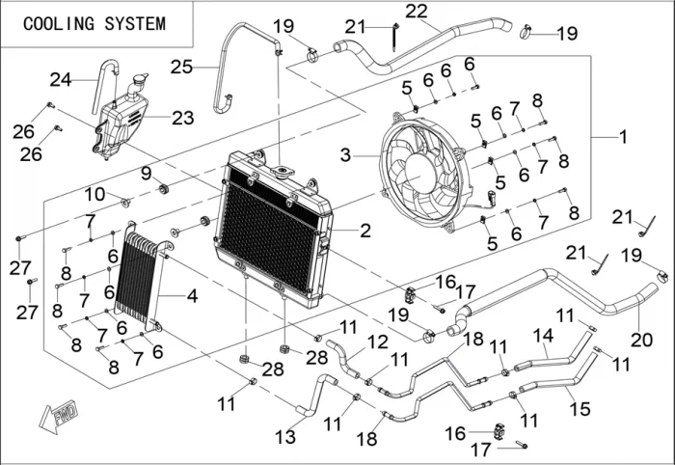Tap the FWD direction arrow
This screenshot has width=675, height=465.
[61, 417]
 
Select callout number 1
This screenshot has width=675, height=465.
[622, 138]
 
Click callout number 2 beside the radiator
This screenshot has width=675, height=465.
[364, 232]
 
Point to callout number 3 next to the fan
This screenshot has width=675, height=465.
[345, 153]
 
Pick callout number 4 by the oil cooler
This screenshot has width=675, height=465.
[192, 296]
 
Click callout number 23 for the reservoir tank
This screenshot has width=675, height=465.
[182, 119]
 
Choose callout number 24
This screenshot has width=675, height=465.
[61, 78]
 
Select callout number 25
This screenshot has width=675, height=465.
[181, 67]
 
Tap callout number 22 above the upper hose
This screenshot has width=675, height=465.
[417, 12]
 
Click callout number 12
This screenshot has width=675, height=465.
[377, 341]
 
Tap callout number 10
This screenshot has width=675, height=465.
[94, 194]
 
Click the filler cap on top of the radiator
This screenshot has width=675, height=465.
[283, 173]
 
